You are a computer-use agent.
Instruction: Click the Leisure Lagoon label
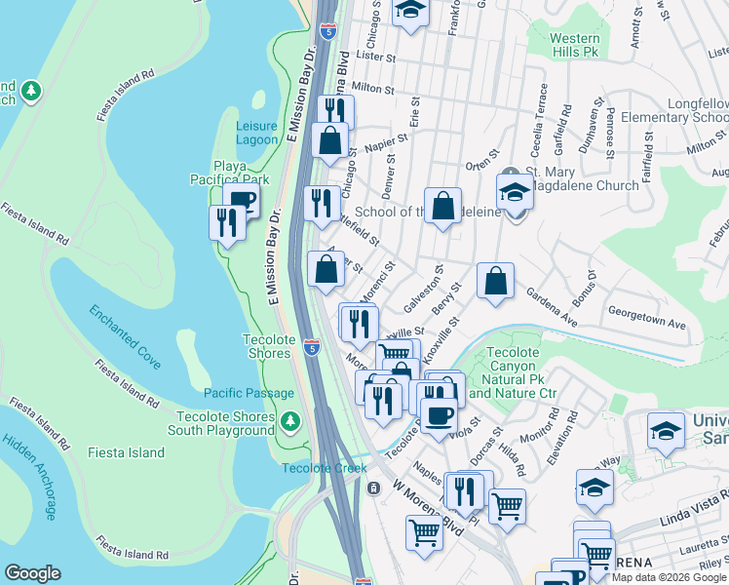[256, 133]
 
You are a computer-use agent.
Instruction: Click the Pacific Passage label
[249, 393]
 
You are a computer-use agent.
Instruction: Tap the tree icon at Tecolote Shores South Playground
[289, 422]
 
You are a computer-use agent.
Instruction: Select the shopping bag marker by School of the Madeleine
[442, 207]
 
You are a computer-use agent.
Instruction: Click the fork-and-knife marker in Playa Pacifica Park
[227, 223]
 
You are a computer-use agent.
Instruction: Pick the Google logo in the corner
[32, 573]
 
